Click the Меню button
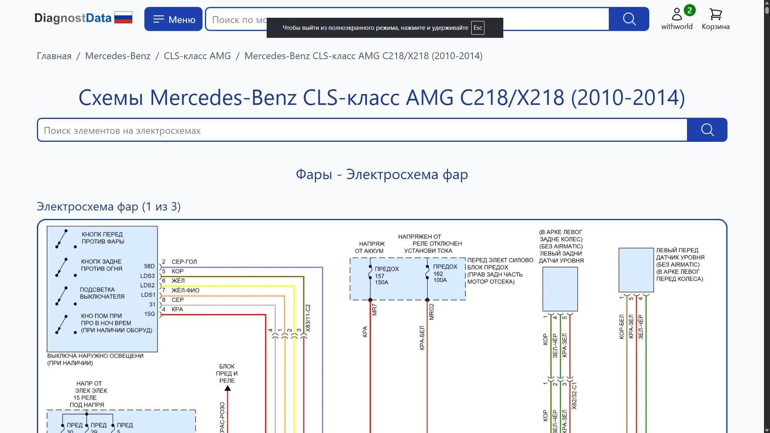click(173, 19)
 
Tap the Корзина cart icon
click(715, 15)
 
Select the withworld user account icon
click(677, 14)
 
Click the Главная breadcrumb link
click(54, 56)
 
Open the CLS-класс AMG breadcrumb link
click(197, 56)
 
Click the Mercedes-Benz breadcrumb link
click(118, 56)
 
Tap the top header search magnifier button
click(629, 19)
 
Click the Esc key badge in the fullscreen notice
click(478, 28)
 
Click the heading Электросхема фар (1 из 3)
click(109, 206)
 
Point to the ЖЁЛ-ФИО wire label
click(185, 290)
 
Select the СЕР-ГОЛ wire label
click(184, 262)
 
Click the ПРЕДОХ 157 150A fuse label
click(386, 276)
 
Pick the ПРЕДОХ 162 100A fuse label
click(445, 273)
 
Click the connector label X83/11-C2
click(308, 318)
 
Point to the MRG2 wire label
click(432, 312)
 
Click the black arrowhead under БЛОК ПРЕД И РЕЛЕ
click(227, 388)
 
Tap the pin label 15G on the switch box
click(149, 314)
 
